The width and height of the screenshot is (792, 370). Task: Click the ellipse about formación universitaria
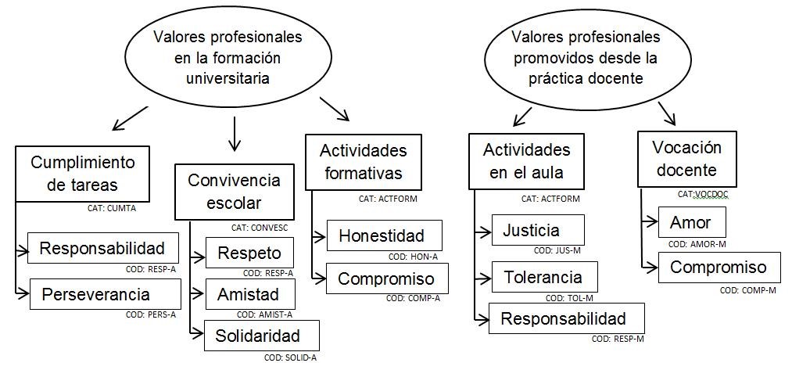[x=228, y=58]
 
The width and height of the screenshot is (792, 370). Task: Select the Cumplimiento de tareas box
[x=83, y=173]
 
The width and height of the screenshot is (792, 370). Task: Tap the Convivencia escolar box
[x=234, y=192]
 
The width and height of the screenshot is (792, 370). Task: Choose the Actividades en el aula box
[x=526, y=160]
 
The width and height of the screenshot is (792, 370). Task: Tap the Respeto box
[x=249, y=253]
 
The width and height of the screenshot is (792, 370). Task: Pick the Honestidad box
[x=382, y=235]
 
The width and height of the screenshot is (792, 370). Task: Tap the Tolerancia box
[x=543, y=277]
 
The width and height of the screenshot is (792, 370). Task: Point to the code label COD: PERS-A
[x=151, y=315]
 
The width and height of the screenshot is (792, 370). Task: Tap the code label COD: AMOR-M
[x=697, y=244]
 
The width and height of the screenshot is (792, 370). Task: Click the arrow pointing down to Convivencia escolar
[x=232, y=135]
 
